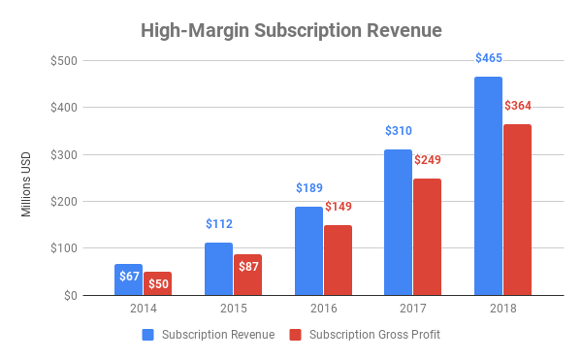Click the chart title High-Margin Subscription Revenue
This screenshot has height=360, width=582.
coord(291,31)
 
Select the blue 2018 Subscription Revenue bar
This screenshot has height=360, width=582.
coord(489,185)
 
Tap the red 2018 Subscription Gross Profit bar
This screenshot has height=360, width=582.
coord(518,210)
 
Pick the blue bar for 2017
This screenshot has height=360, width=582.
coord(399,222)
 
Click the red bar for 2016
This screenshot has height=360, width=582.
coord(338,260)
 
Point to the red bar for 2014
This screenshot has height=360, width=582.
coord(157,283)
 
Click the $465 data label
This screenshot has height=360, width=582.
coord(489,59)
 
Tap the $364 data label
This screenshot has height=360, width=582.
coord(518,106)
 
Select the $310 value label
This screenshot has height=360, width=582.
coord(399,131)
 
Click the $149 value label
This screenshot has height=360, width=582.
coord(338,207)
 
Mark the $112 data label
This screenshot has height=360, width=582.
coord(218,224)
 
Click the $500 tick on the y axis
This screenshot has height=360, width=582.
coord(65,60)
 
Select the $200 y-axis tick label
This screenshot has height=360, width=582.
coord(65,201)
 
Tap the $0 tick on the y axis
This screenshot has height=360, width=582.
coord(72,295)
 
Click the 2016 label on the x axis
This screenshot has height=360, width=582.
coord(323,310)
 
